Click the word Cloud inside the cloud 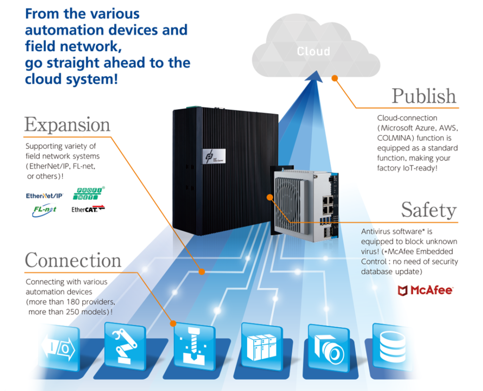pos(313,51)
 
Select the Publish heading pos(424,96)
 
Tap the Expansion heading pos(67,125)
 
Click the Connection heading pos(73,260)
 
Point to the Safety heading pos(429,210)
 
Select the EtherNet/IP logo pos(44,195)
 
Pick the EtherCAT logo pos(88,209)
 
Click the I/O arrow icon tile pos(59,349)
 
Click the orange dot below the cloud pos(334,78)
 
